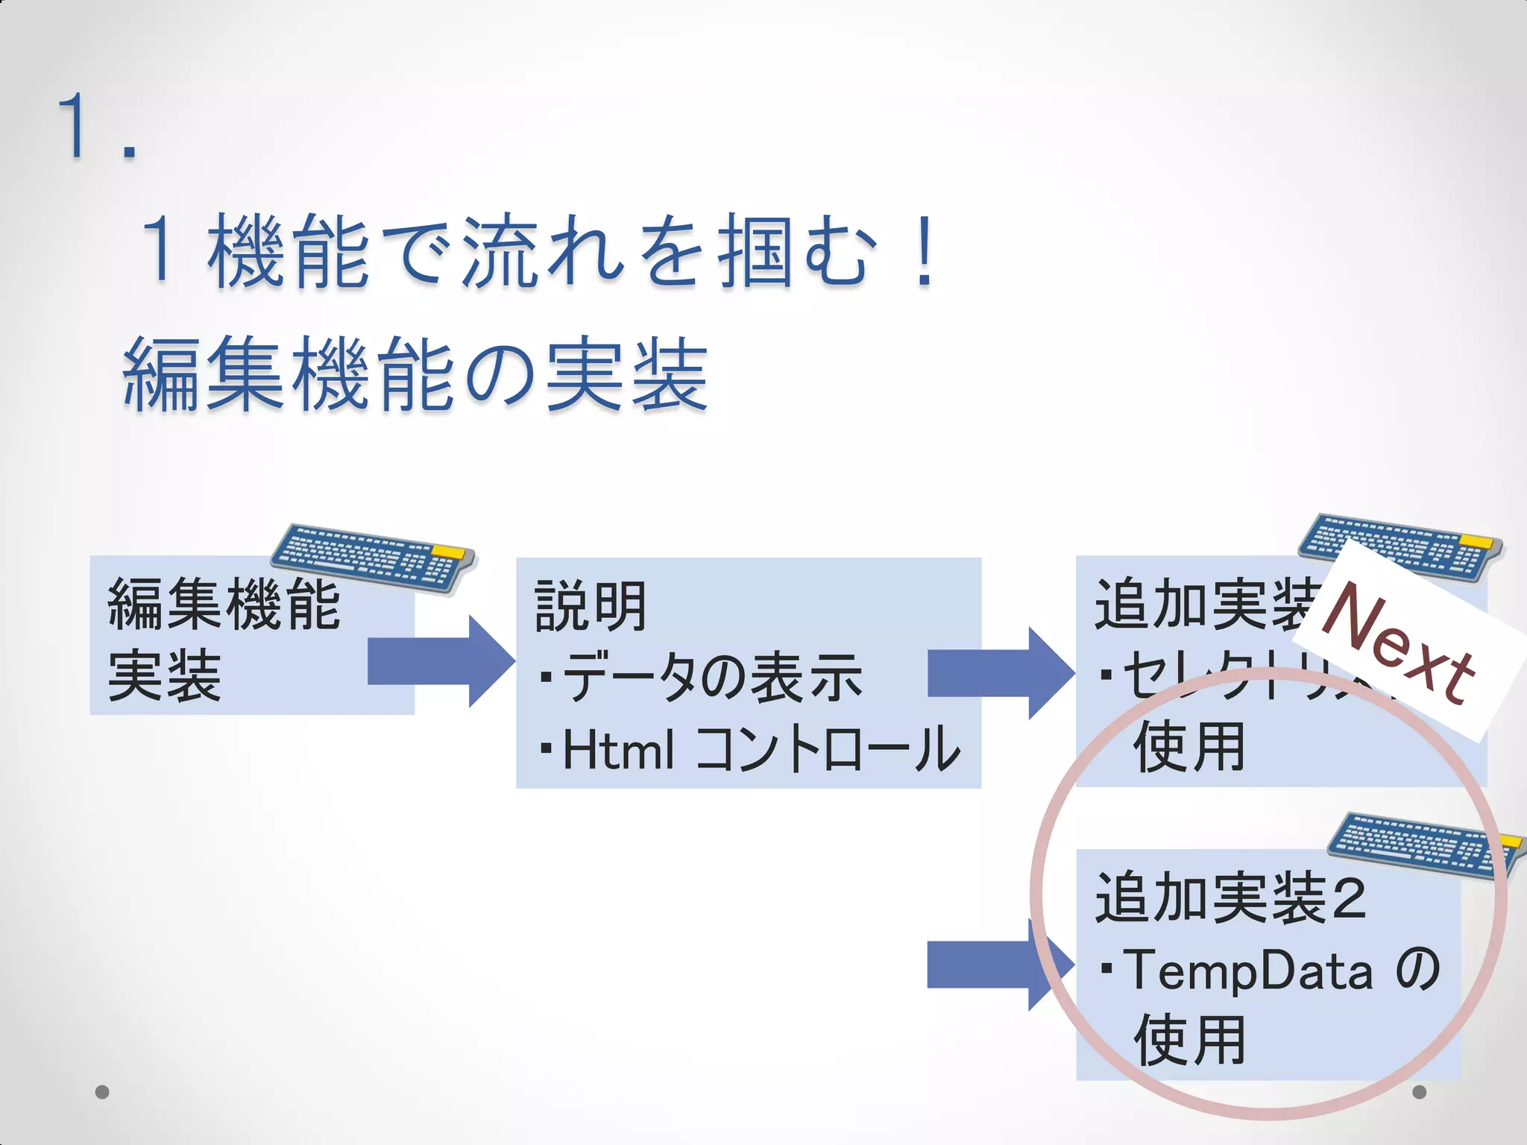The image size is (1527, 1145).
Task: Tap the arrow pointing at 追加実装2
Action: (x=999, y=965)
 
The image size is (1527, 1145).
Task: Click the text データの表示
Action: (x=712, y=677)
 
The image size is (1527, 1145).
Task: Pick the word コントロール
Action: (x=828, y=749)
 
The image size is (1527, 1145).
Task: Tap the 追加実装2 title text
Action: (x=1230, y=898)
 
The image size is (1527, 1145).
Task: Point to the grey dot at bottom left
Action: (x=103, y=1092)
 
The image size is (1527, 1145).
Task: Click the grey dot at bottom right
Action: (x=1420, y=1092)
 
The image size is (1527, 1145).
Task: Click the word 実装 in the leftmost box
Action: (x=165, y=675)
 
